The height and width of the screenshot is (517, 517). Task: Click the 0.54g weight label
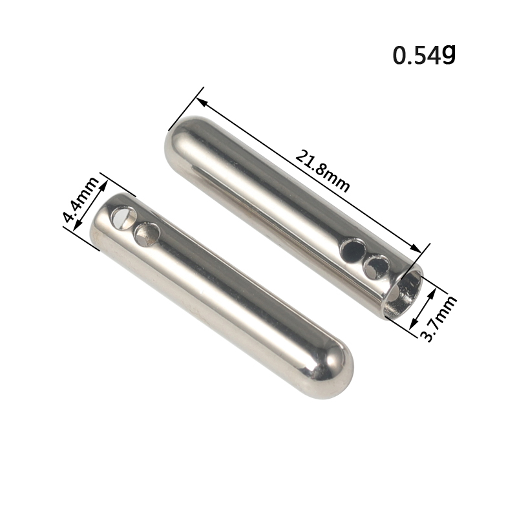point(424,55)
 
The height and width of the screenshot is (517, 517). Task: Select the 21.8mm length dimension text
point(322,171)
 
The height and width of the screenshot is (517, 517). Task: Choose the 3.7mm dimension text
point(439,318)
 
